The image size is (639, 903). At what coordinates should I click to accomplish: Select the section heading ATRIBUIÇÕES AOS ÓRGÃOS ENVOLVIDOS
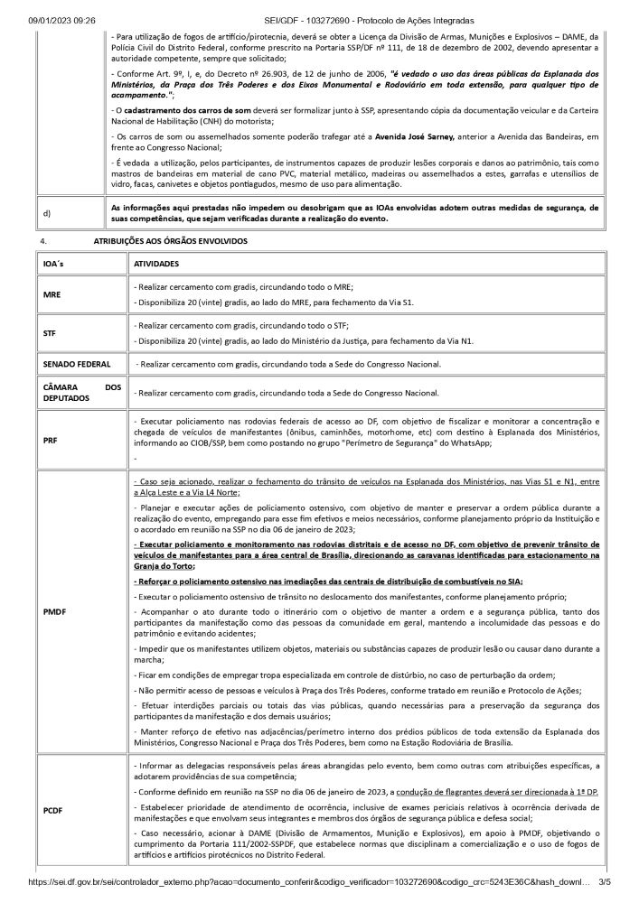pyautogui.click(x=170, y=242)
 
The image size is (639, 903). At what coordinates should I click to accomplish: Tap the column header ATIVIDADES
pyautogui.click(x=155, y=265)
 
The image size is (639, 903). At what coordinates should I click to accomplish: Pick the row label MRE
pyautogui.click(x=52, y=294)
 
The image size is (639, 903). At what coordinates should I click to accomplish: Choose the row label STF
pyautogui.click(x=50, y=333)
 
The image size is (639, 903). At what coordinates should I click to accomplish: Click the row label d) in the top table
pyautogui.click(x=46, y=213)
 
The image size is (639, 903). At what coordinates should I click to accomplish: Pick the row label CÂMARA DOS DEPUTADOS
pyautogui.click(x=81, y=392)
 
